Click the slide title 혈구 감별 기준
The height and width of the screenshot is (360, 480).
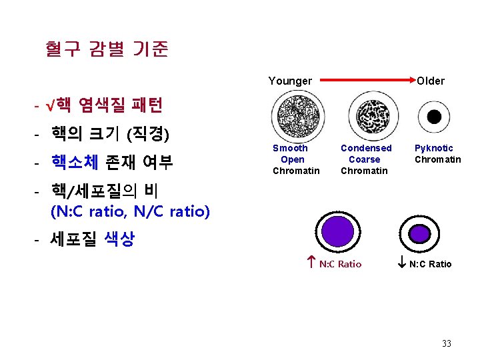[x=107, y=49]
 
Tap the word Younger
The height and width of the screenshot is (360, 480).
[x=290, y=81]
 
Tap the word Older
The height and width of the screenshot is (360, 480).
[x=431, y=81]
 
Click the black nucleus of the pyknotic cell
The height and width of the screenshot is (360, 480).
[x=434, y=117]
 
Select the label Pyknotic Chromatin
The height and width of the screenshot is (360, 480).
[x=437, y=153]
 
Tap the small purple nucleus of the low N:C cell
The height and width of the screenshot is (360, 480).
[x=420, y=233]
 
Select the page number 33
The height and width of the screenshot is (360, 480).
[x=446, y=343]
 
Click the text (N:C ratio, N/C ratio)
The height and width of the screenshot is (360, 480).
[x=131, y=212]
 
